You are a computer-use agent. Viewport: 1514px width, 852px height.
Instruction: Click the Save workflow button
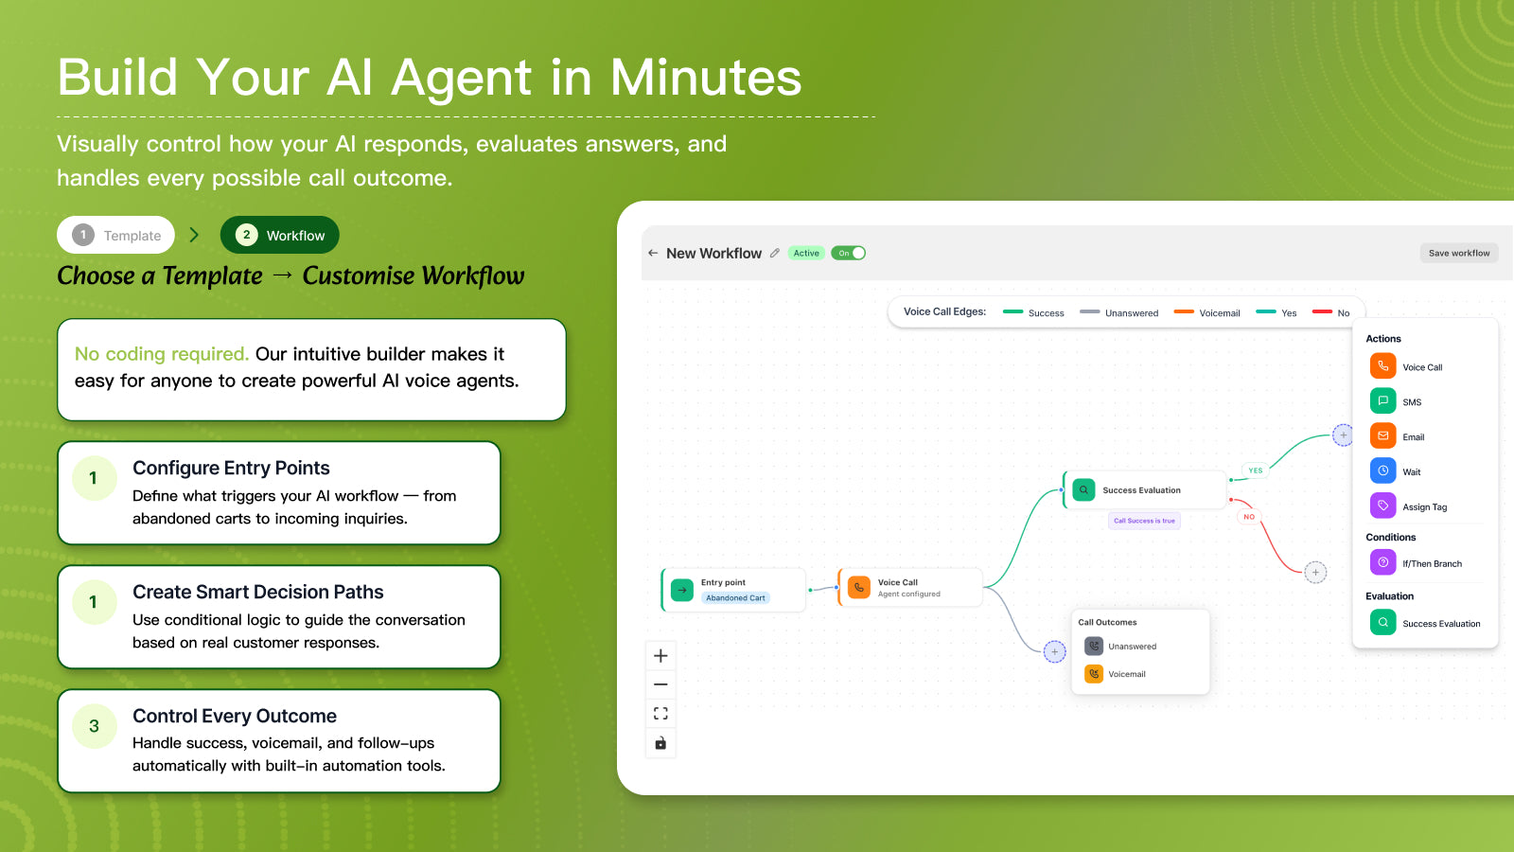tap(1458, 253)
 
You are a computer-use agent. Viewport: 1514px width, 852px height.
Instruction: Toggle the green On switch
tap(849, 253)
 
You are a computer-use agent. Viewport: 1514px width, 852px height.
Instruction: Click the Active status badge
tap(806, 253)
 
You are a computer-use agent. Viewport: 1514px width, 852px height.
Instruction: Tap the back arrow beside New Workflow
tap(653, 253)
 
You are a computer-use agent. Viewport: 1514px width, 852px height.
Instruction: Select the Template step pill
tap(116, 235)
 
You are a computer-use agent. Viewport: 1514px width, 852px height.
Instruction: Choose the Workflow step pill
tap(280, 235)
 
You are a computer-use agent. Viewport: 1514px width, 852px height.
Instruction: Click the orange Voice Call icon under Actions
tap(1382, 366)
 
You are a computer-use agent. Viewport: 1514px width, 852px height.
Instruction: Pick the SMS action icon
tap(1382, 401)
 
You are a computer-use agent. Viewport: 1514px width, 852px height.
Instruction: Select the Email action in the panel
tap(1413, 436)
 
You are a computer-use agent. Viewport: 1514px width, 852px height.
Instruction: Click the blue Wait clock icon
tap(1382, 471)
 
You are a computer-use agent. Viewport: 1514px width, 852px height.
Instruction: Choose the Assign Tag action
tap(1424, 506)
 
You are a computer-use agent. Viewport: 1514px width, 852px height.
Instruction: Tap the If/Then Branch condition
tap(1431, 563)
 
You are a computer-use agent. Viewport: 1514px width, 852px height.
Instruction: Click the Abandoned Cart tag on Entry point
tap(735, 598)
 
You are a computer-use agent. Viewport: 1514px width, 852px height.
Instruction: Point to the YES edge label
tap(1256, 470)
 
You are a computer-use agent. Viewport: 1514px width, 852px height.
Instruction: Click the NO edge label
tap(1249, 517)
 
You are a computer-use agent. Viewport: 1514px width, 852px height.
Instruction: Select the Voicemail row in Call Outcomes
tap(1126, 674)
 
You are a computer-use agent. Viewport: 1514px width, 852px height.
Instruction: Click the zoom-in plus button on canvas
tap(660, 655)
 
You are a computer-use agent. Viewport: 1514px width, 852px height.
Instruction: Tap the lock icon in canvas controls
tap(660, 743)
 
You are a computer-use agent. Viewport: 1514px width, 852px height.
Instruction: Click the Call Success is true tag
tap(1144, 521)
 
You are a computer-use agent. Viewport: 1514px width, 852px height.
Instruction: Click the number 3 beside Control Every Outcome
tap(94, 726)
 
